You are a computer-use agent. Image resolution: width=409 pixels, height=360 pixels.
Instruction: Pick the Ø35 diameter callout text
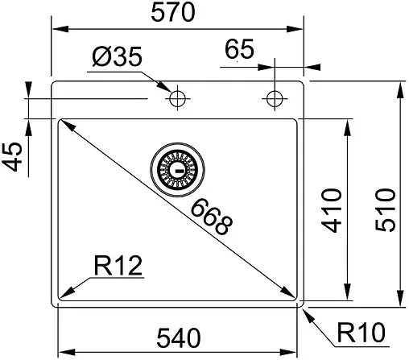[x=117, y=58]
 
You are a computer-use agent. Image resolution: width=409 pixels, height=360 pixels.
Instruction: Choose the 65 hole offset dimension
[x=240, y=50]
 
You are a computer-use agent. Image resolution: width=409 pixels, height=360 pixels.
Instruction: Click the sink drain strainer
[x=177, y=168]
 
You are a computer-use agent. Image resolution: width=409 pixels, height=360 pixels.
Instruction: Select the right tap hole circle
[x=275, y=98]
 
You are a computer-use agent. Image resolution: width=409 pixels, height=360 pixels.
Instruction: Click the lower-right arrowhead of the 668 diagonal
[x=291, y=295]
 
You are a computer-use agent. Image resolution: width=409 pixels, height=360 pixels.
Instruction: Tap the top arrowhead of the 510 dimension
[x=400, y=87]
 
